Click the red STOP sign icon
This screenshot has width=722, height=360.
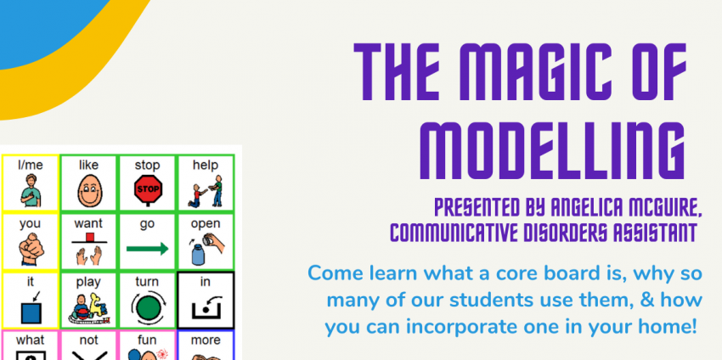coord(148,189)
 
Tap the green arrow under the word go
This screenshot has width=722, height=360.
coord(147,249)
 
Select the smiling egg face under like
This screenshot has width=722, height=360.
coord(89,190)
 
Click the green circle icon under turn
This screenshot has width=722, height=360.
coord(148,307)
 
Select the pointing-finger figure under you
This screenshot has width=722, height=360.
coord(31,249)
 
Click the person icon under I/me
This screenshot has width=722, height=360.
coord(31,190)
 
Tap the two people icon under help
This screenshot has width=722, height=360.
coord(206,191)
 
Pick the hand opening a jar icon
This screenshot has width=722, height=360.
coord(206,249)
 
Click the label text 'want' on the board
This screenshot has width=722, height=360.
coord(88,224)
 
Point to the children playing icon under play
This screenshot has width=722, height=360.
coord(89,307)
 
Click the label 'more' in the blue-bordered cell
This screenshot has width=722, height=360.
coord(206,340)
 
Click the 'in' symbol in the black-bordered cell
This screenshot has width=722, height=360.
coord(206,309)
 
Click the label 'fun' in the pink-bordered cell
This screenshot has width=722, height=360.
coord(147,340)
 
